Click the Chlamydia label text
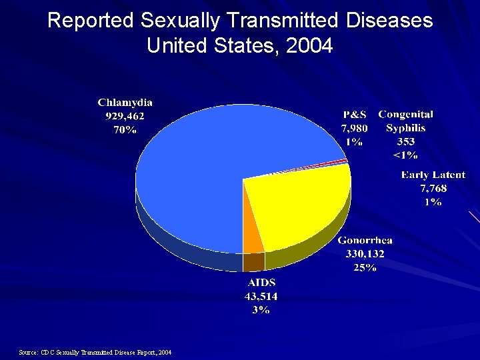125,103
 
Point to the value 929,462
125,116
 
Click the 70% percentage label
125,130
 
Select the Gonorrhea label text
365,241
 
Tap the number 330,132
365,254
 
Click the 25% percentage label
365,267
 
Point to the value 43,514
261,296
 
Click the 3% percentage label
261,310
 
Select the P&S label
354,115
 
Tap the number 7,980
354,128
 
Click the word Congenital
405,115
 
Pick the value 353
405,141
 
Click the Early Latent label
433,175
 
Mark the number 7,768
433,188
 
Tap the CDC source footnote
95,352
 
